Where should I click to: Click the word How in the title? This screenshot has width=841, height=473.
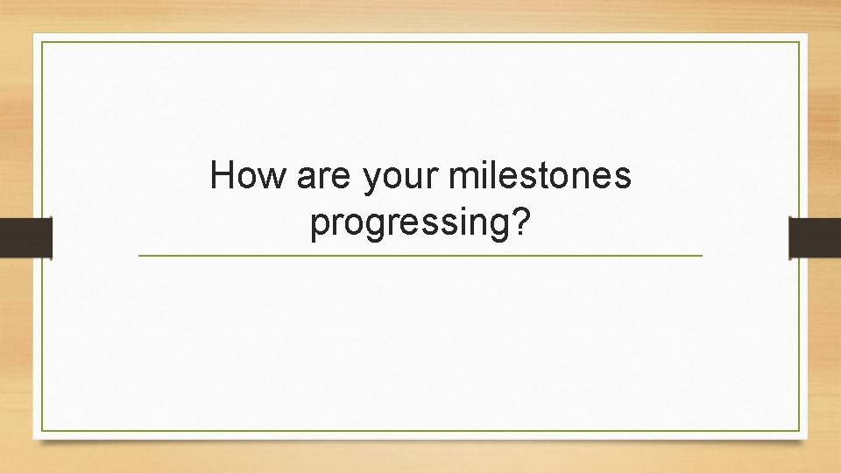point(249,177)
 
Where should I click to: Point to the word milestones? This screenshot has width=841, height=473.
point(539,177)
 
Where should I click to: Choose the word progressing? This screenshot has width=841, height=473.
point(410,225)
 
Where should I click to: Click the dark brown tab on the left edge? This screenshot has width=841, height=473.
point(25,238)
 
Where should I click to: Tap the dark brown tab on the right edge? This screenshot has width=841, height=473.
point(815,238)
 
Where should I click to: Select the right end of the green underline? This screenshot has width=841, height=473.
point(701,256)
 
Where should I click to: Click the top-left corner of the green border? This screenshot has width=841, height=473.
point(42,41)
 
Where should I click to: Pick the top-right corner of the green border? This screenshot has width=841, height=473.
point(800,41)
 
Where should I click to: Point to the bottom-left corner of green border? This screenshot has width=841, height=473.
point(42,431)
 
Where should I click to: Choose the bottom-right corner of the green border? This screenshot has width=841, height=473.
point(800,431)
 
